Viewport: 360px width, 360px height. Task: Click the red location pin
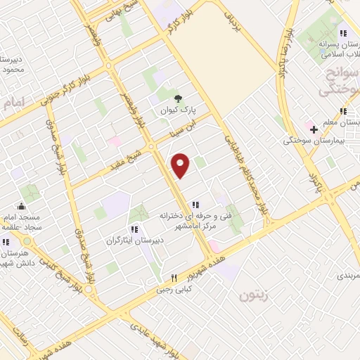click(181, 165)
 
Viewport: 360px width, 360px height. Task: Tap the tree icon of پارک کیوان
click(177, 98)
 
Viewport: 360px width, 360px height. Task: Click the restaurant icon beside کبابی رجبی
click(165, 278)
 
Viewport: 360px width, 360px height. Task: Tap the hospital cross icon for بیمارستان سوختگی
click(314, 130)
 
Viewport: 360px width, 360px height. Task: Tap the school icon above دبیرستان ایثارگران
click(134, 229)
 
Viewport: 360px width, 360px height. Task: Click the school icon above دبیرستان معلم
click(343, 110)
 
